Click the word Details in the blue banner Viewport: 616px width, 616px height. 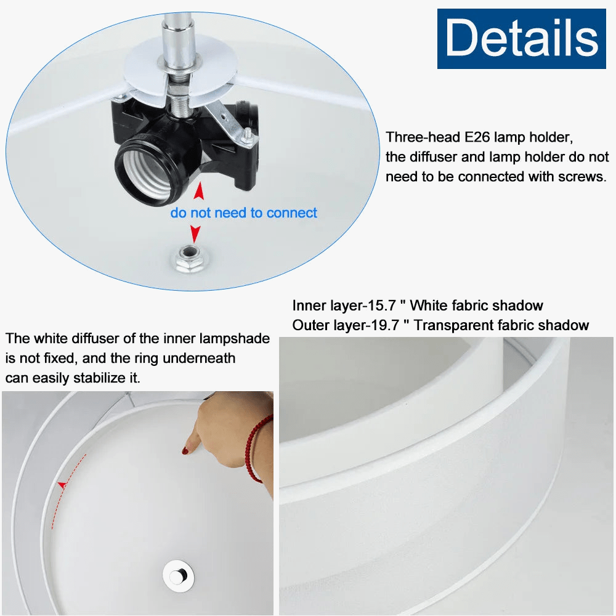[x=522, y=38]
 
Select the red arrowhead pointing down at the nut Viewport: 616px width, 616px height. [x=195, y=234]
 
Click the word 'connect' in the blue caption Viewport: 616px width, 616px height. [x=291, y=213]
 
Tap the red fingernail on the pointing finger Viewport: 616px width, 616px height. [x=185, y=451]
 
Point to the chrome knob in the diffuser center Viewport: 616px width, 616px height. [x=179, y=576]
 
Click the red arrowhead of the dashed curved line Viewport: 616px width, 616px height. [x=62, y=485]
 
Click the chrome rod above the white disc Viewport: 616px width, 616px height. [x=178, y=39]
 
